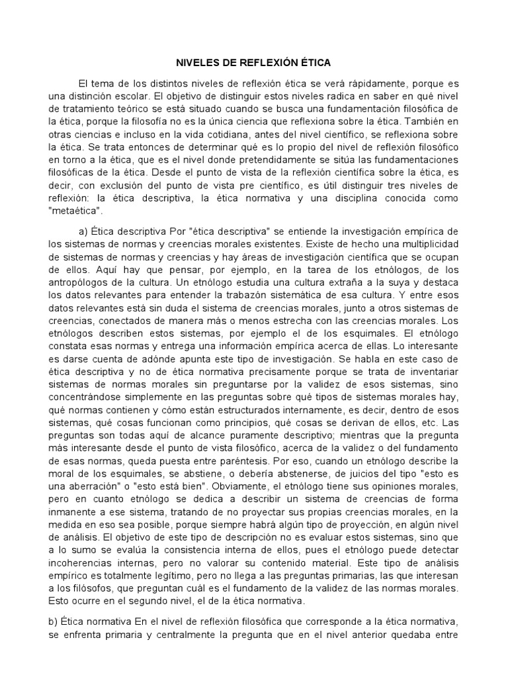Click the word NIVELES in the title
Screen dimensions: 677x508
(x=197, y=63)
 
